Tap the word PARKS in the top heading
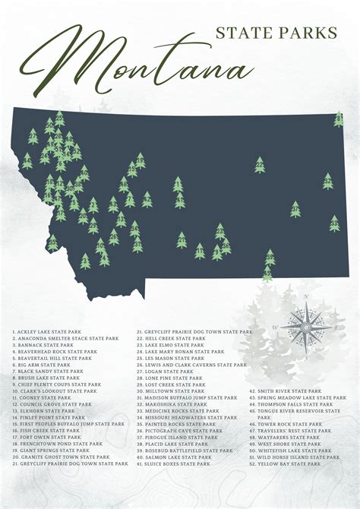[314, 32]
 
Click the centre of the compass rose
[305, 327]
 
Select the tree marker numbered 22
[260, 165]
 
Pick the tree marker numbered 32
[328, 181]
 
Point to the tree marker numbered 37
[295, 209]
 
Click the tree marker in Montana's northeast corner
[339, 119]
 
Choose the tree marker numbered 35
[268, 258]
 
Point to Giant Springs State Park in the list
[52, 450]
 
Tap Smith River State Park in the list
[292, 391]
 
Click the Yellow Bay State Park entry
[292, 463]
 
